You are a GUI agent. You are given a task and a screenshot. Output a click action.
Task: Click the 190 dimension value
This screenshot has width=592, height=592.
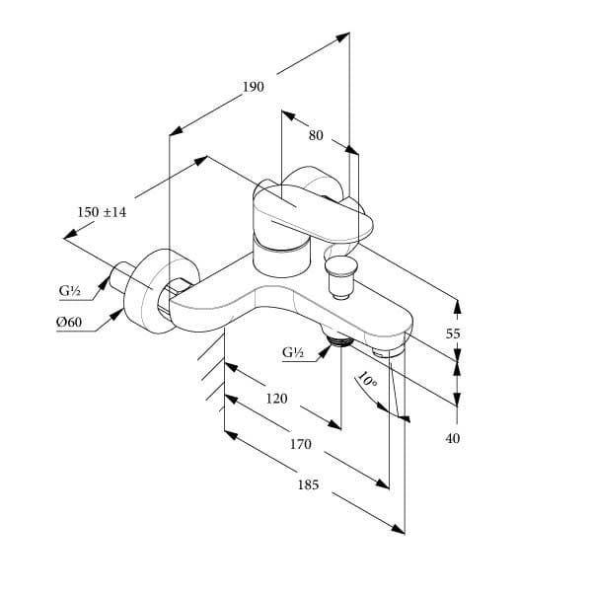254,87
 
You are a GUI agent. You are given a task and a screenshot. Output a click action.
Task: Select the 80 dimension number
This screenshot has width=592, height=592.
316,136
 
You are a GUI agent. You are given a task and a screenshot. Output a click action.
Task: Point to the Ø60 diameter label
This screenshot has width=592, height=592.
69,323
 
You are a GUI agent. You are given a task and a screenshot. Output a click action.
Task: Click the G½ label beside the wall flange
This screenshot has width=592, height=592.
69,291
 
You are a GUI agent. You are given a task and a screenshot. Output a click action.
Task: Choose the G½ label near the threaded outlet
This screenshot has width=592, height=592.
293,352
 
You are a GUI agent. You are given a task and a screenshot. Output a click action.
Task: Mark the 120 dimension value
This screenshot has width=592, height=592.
277,399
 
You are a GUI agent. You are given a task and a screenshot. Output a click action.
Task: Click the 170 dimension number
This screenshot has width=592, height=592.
300,445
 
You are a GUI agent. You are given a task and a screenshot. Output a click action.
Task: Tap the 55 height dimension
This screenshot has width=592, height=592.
453,333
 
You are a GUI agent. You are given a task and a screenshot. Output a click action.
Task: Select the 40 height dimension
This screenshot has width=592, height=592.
453,438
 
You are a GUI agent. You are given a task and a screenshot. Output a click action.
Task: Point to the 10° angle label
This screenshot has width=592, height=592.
367,380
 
